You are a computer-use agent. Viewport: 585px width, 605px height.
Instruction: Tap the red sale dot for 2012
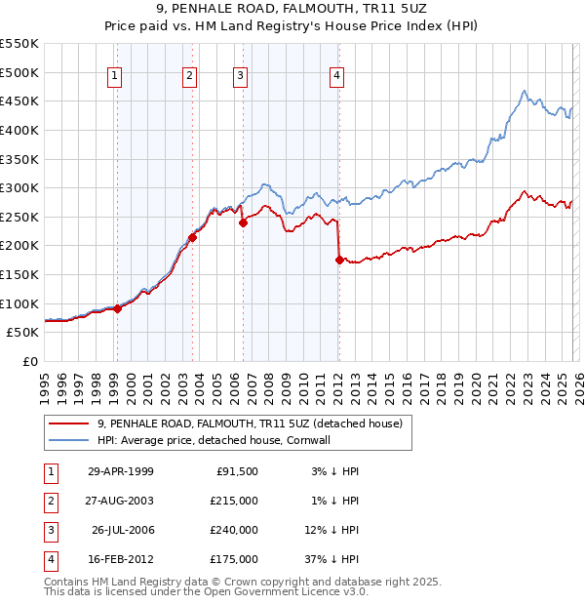click(339, 260)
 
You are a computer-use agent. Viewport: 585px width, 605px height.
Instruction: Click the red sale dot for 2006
click(243, 222)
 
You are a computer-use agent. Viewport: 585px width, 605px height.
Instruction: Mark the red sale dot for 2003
click(193, 236)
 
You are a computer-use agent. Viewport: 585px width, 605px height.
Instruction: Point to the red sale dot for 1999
click(118, 308)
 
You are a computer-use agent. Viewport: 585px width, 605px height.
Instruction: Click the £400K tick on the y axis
click(19, 130)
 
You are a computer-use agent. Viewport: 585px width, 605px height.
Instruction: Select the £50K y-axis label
click(22, 333)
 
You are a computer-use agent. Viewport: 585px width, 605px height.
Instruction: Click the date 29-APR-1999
click(121, 471)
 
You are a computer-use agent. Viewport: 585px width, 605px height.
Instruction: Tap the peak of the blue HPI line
click(525, 91)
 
